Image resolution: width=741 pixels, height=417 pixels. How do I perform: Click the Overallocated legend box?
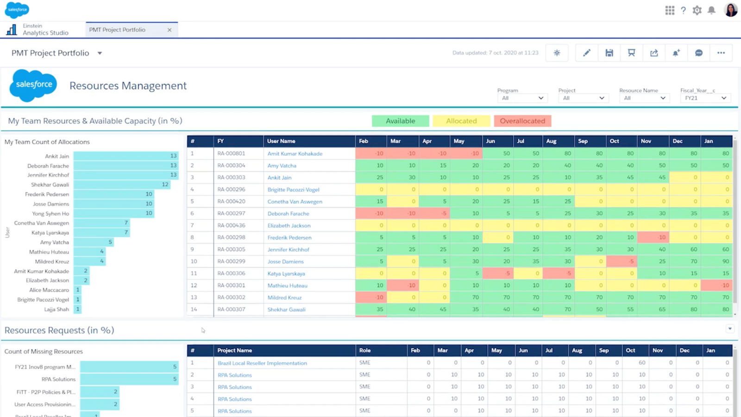[522, 121]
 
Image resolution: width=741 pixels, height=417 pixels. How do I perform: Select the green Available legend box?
[400, 121]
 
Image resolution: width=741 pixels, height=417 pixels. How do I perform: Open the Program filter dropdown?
[522, 98]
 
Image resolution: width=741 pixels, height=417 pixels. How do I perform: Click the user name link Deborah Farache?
[288, 214]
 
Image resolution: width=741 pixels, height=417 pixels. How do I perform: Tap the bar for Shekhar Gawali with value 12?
[122, 184]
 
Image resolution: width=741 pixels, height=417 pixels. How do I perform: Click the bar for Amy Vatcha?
[93, 242]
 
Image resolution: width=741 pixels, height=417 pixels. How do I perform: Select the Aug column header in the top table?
[551, 141]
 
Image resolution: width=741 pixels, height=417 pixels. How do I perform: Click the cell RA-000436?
[232, 226]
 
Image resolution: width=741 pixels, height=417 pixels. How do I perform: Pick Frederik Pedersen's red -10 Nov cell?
[653, 237]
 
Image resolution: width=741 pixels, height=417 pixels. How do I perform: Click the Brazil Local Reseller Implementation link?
[262, 363]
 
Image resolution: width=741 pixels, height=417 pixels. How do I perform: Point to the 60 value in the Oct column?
[642, 363]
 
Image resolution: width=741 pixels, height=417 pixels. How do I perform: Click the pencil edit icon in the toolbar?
[586, 53]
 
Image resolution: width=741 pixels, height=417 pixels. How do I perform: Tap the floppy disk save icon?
[609, 53]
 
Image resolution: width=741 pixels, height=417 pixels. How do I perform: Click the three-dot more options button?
[721, 53]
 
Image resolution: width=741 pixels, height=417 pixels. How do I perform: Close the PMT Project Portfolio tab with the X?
[170, 30]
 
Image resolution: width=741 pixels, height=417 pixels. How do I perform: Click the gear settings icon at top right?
[697, 10]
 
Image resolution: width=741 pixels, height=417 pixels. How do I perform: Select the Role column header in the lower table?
[365, 350]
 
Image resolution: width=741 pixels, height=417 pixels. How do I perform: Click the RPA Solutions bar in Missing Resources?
[129, 379]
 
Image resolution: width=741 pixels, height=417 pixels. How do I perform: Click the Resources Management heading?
[128, 86]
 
